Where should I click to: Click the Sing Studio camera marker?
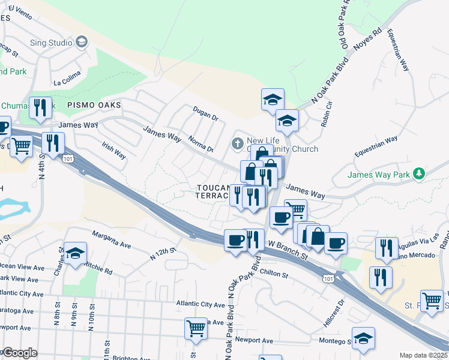pos(82,42)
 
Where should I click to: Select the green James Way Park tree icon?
pos(420,174)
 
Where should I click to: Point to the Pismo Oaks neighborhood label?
pos(94,105)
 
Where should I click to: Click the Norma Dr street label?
pos(200,145)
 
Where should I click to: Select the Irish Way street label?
pos(113,150)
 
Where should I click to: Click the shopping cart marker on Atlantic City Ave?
pos(196,328)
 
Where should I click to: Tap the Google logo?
pos(20,353)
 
